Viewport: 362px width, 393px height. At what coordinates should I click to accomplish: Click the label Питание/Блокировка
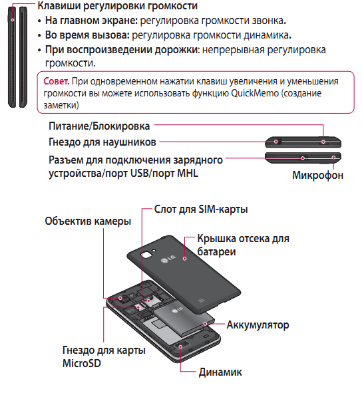[x=99, y=126]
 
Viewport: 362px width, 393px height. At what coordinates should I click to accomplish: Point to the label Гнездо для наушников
[x=102, y=142]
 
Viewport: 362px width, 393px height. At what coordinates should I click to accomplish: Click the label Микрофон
[x=317, y=176]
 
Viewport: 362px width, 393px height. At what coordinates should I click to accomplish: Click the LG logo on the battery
[x=176, y=307]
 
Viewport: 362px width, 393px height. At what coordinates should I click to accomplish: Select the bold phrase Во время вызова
[x=83, y=35]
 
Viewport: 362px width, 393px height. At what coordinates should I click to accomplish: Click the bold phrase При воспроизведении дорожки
[x=122, y=50]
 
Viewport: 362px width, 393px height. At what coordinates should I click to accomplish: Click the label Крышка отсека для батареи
[x=243, y=245]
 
